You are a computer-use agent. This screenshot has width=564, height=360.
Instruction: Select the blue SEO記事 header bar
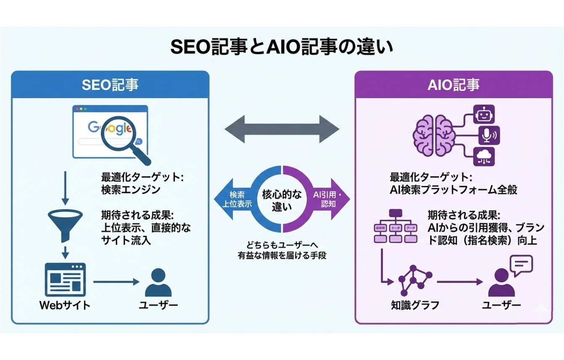[x=110, y=85]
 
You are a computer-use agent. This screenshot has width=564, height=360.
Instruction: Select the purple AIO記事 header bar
[x=453, y=85]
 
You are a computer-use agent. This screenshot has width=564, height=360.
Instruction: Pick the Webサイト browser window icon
[x=65, y=279]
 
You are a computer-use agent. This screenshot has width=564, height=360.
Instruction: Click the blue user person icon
[x=158, y=283]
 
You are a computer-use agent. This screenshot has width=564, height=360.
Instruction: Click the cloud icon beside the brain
[x=484, y=156]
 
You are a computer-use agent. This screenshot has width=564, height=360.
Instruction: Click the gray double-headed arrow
[x=282, y=127]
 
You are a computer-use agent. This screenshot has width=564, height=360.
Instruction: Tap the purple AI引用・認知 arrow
[x=330, y=199]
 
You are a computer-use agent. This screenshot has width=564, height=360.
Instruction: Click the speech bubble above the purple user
[x=520, y=265]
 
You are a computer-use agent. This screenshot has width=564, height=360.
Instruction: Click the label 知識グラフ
[x=414, y=305]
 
